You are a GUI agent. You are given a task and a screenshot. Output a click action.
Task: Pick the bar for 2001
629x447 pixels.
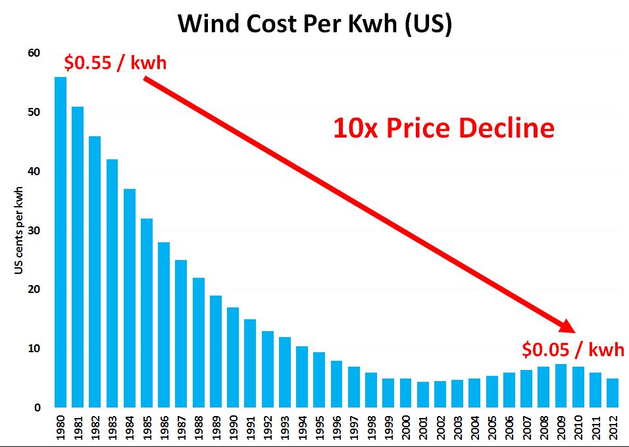coord(423,394)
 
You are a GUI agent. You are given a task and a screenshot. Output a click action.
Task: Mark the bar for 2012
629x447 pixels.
coord(613,393)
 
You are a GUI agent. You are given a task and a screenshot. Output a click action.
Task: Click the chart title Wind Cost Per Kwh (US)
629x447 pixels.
coord(314,24)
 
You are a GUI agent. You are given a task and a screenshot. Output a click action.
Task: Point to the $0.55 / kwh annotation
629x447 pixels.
coord(115,63)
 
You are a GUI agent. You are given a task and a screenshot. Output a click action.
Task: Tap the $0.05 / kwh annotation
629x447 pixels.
coord(572,349)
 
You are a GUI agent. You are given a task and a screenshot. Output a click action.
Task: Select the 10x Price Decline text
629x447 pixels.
coord(443,128)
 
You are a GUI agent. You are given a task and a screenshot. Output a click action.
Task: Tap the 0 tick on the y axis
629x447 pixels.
coord(38,408)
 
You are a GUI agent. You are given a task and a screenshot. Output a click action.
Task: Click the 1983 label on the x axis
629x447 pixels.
coord(113,427)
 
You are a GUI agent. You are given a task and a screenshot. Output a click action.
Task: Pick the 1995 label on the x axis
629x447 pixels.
coord(319,427)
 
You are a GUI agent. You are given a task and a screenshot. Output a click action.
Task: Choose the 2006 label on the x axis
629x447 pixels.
coord(509,427)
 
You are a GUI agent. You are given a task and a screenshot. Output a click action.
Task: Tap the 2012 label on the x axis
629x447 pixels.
coord(613,427)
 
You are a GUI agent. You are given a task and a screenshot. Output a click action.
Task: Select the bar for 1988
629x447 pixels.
coord(199,342)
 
